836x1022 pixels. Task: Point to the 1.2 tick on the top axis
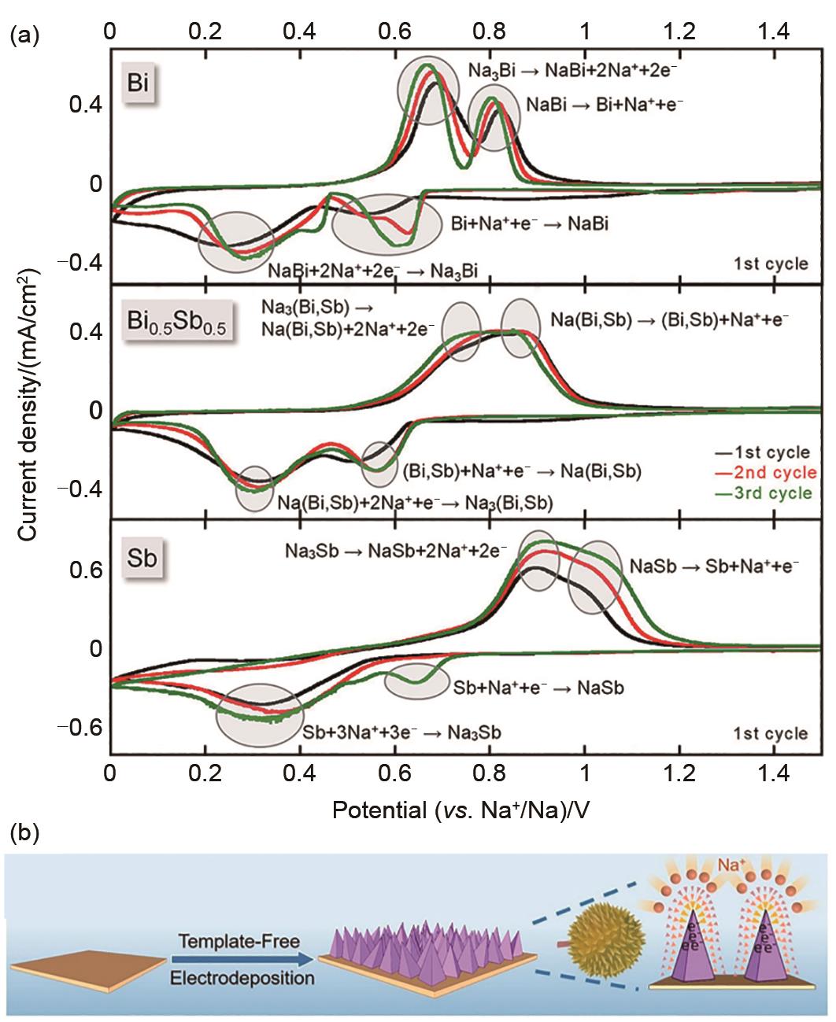pyautogui.click(x=679, y=31)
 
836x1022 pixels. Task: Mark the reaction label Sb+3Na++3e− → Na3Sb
pyautogui.click(x=403, y=732)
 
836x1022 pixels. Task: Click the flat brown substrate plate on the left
pyautogui.click(x=86, y=969)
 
